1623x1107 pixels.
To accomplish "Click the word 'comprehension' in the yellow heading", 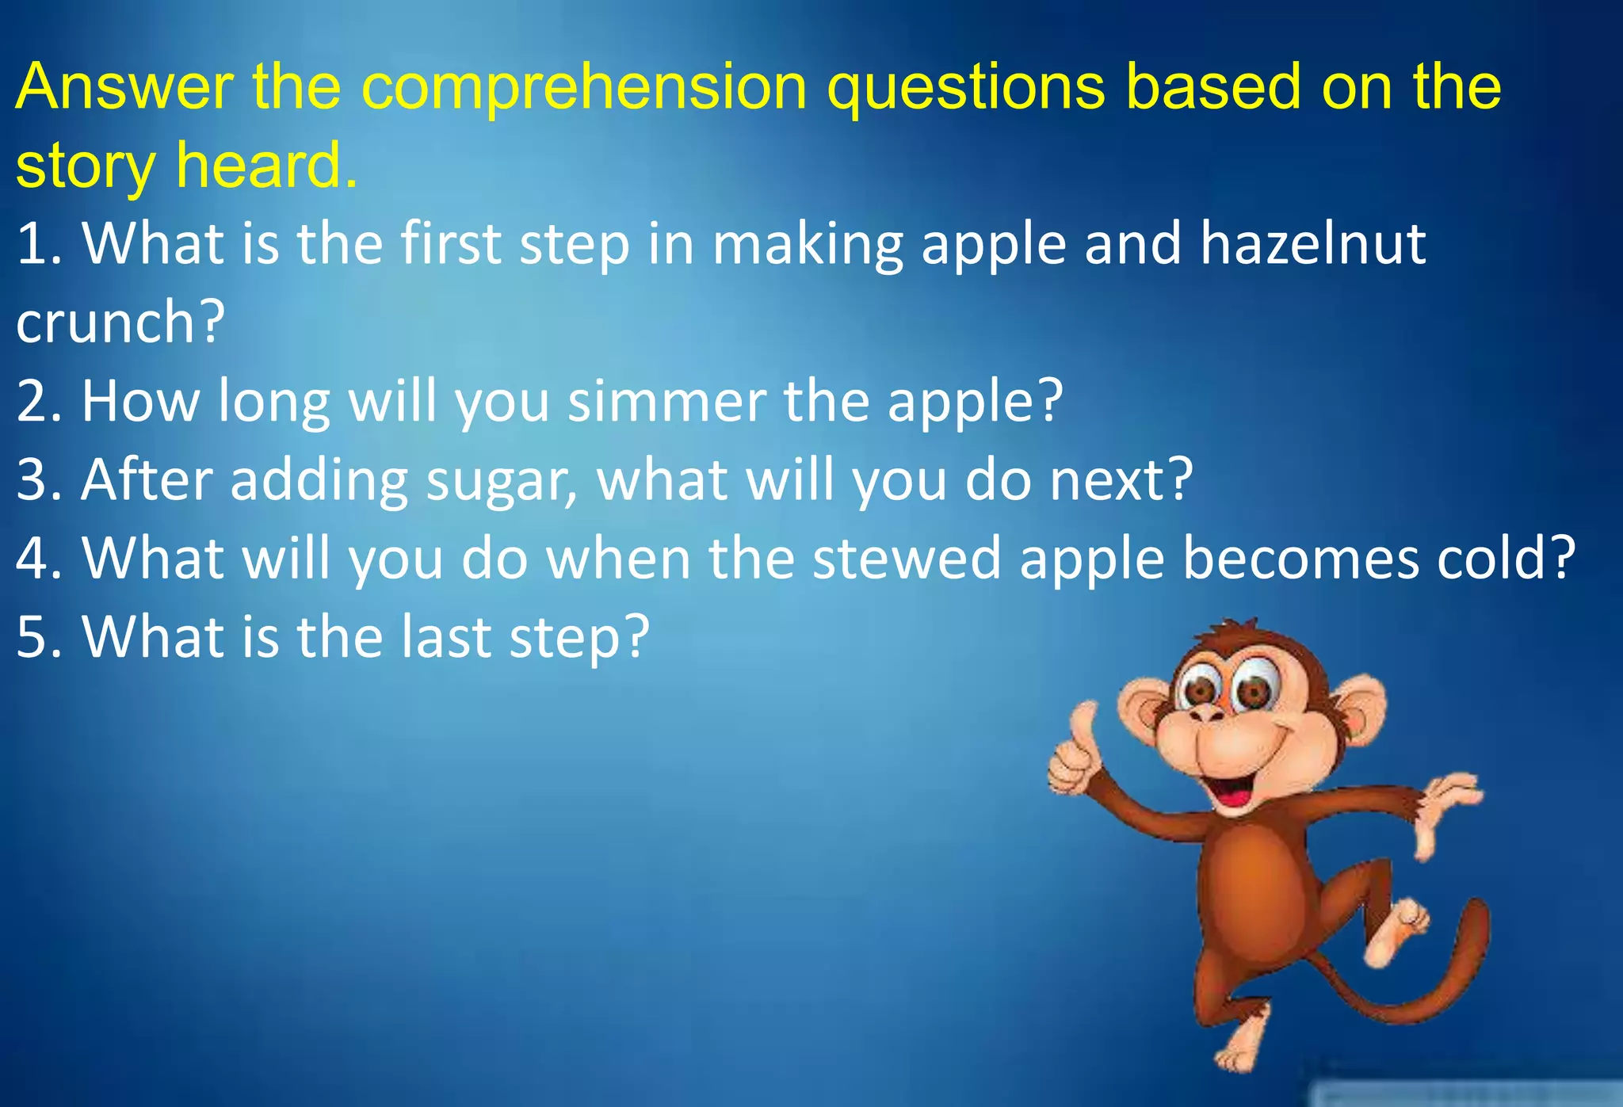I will pyautogui.click(x=584, y=87).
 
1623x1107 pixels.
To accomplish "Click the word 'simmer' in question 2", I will pyautogui.click(x=666, y=400).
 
